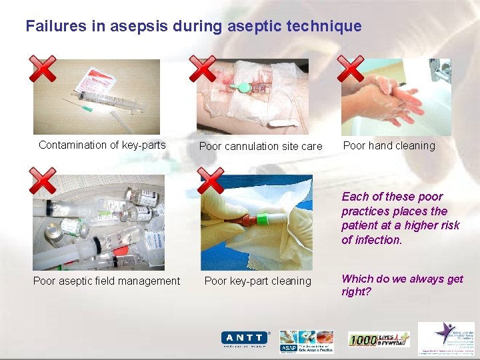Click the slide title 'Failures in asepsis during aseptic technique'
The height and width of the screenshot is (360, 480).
click(193, 27)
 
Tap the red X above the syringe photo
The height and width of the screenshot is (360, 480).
click(44, 69)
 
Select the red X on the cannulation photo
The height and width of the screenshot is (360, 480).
click(203, 69)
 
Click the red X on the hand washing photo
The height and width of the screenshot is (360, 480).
click(350, 69)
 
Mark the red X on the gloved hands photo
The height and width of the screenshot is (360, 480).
click(211, 181)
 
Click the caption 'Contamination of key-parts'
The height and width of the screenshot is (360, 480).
click(102, 145)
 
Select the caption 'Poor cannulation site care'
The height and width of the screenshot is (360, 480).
click(261, 146)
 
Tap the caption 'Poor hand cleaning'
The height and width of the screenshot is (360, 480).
click(389, 145)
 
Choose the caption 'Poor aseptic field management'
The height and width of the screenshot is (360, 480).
click(107, 281)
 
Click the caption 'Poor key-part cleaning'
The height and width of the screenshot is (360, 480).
click(258, 281)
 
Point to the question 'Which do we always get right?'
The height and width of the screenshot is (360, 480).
click(402, 285)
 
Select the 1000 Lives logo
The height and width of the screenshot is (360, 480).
click(379, 339)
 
